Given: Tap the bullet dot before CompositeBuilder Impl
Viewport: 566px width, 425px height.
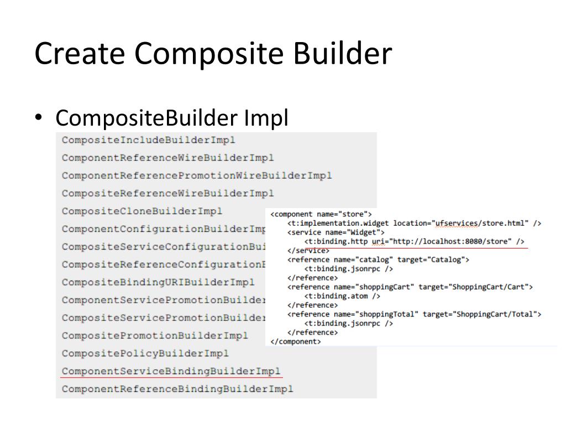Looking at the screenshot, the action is (38, 117).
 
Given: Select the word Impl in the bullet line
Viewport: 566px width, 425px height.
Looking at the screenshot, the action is (265, 118).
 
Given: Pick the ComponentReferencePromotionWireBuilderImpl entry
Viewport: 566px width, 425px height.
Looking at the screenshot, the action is (197, 175).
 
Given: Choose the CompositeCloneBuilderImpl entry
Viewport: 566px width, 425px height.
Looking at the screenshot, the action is (142, 211).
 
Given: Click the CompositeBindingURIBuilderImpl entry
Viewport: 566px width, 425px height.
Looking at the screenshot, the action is (158, 282).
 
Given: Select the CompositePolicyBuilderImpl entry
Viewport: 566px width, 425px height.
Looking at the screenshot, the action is (145, 353).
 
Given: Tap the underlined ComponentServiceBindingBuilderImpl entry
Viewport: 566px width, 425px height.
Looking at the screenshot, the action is (171, 371).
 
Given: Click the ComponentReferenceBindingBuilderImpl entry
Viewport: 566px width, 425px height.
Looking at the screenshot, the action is (177, 388).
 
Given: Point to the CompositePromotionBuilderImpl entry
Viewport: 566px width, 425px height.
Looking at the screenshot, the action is (155, 335).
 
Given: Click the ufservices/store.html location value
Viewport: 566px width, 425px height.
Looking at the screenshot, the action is (481, 223).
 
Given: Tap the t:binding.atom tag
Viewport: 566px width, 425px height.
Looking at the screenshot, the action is (342, 296).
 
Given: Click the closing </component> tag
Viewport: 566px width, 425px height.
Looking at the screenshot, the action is (295, 341).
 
